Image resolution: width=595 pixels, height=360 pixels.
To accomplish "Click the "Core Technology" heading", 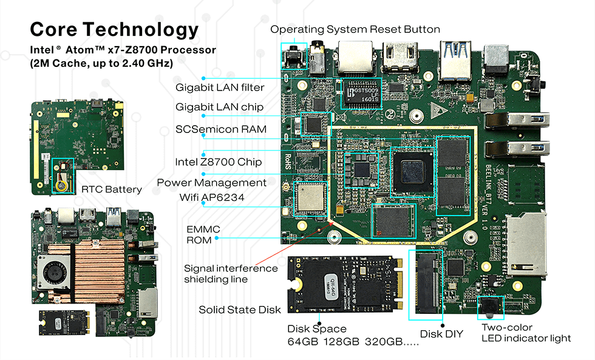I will coord(114,29).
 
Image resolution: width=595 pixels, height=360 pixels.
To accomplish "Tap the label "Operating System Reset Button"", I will coord(355,29).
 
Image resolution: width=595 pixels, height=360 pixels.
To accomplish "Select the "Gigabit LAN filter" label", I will coord(220,87).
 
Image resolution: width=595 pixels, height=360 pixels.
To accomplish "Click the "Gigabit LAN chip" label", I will coord(219,107).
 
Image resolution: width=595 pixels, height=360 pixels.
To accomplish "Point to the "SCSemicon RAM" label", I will coord(220,129).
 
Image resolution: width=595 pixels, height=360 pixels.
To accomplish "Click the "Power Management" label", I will coord(211,183).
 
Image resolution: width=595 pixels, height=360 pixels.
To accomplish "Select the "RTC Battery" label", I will coord(112,189).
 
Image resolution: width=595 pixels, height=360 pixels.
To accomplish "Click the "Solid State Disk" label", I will coord(240,310).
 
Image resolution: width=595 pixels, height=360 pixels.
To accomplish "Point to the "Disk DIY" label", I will coord(441,334).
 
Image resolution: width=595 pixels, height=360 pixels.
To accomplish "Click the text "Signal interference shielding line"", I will coord(231,273).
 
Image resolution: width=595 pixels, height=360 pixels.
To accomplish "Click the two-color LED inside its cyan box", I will coord(490,307).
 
